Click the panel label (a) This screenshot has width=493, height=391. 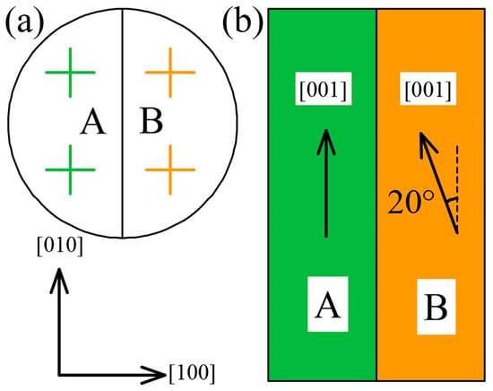coord(23,22)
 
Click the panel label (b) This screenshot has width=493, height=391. coord(242,22)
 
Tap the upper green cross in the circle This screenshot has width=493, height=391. coord(71,73)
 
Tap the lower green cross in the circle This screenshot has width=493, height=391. coord(71,169)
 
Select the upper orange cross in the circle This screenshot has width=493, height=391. coord(170,73)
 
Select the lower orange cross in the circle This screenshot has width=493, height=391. coord(170,169)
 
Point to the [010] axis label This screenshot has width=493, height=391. coord(60,246)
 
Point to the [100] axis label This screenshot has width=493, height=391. coord(193,374)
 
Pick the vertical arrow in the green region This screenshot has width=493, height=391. coord(326,183)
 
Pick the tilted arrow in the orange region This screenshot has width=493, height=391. coord(438,182)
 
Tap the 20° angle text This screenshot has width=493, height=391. coord(411,203)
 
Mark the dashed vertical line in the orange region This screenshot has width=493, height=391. coord(457,188)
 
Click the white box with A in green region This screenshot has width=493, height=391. coord(328,304)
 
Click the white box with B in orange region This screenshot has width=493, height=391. coord(437,307)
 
